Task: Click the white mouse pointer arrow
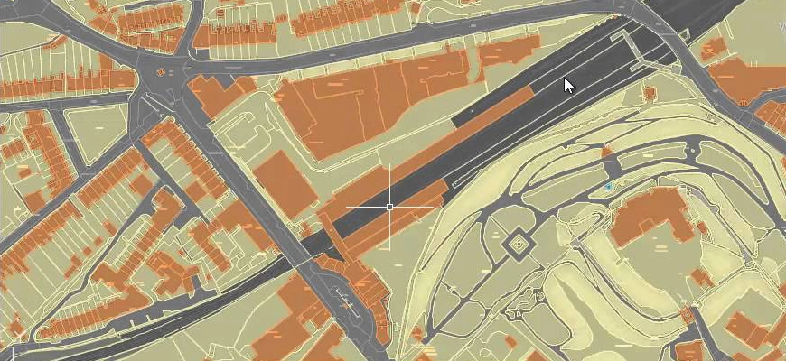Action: point(568,85)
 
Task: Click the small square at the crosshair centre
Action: point(389,207)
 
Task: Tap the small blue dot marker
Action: point(609,187)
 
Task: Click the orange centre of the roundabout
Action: point(162,72)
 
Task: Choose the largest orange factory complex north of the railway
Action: point(361,104)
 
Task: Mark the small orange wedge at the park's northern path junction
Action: point(608,151)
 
